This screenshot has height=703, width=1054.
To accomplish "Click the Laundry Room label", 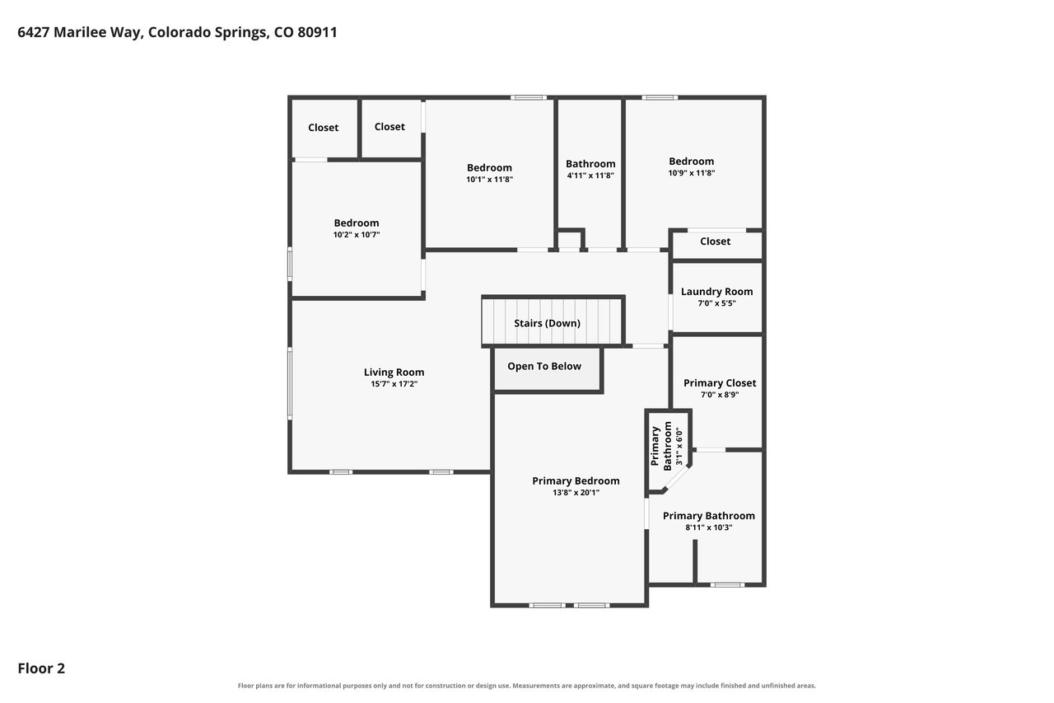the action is click(x=716, y=292).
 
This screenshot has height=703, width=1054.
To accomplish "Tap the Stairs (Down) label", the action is click(x=547, y=324).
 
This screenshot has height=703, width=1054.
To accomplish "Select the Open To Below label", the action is click(x=544, y=366).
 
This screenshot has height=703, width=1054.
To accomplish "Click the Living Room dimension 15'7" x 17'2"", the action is click(x=394, y=384).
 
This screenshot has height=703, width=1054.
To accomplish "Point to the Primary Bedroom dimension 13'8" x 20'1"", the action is click(x=576, y=493).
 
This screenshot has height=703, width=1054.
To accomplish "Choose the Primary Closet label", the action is click(x=720, y=383).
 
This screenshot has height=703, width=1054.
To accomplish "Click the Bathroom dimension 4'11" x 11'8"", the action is click(x=590, y=176).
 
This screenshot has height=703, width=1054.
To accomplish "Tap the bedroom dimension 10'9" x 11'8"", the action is click(x=692, y=173).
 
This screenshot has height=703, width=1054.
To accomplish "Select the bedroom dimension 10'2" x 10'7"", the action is click(x=357, y=235).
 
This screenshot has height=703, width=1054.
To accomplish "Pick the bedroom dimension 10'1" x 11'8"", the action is click(x=489, y=180).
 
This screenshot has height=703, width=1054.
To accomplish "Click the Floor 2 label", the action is click(x=41, y=668).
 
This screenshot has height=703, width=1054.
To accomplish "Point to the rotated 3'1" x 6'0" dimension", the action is click(x=679, y=447).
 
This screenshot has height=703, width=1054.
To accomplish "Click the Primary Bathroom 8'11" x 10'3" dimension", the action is click(x=709, y=527).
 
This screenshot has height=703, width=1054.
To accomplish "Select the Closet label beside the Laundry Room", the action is click(x=716, y=241).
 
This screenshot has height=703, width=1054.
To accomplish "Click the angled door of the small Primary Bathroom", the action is click(x=676, y=478).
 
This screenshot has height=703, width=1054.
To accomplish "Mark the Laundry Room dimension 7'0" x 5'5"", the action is click(x=716, y=303).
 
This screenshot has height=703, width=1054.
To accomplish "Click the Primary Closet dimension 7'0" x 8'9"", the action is click(x=720, y=395).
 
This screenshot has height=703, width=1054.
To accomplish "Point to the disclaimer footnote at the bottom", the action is click(x=527, y=686).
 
